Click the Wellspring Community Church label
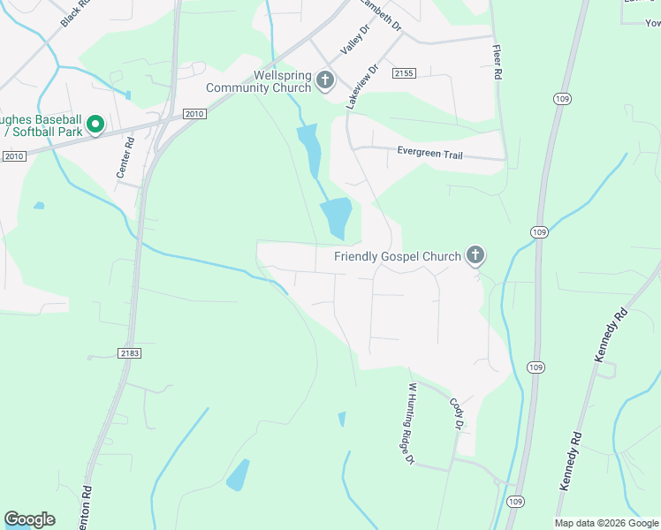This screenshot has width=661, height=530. coord(258,81)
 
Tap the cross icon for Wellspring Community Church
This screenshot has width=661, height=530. coord(325,81)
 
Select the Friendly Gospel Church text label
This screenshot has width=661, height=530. coord(398,256)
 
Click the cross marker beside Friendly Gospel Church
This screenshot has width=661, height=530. coord(475,256)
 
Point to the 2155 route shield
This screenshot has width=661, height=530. coord(405,73)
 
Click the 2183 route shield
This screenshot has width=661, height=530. coord(128,352)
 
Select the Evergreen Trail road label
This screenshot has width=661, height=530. coord(429,154)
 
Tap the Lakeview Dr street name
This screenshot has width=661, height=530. coord(362,86)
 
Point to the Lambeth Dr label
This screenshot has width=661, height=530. coord(381,15)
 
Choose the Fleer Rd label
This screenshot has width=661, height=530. coord(497,62)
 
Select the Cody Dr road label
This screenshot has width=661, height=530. coord(457,413)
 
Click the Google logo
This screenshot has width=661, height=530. coord(29,519)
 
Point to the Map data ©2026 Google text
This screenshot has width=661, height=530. coord(606,523)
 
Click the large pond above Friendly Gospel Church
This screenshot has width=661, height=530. coord(336,217)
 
